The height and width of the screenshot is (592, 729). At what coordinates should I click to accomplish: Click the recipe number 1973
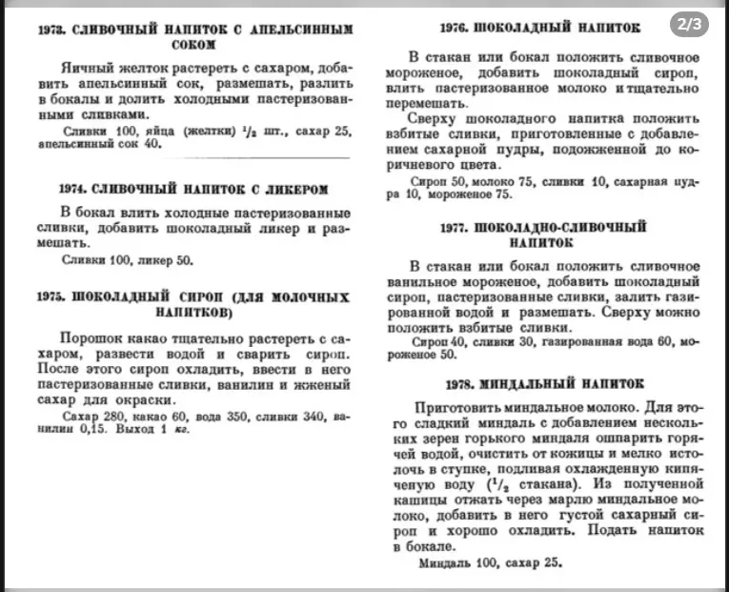pos(53,30)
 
